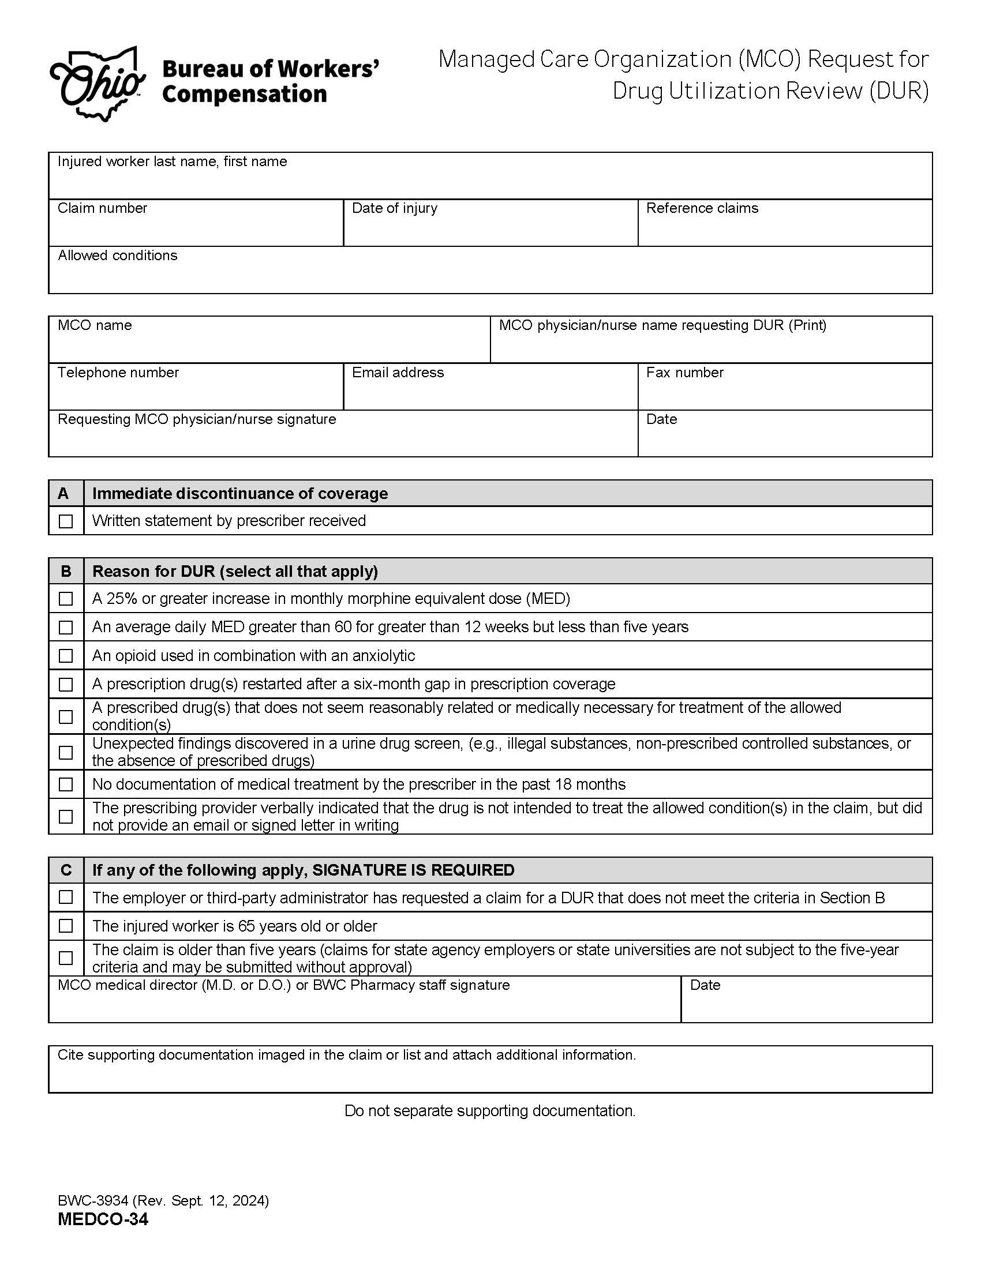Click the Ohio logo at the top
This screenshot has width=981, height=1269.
pyautogui.click(x=97, y=85)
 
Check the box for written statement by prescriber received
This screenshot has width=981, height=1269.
pyautogui.click(x=66, y=521)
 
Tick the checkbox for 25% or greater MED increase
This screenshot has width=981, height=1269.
pyautogui.click(x=66, y=599)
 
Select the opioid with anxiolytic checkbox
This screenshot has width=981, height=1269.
pyautogui.click(x=66, y=656)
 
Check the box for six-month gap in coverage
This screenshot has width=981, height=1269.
pyautogui.click(x=66, y=685)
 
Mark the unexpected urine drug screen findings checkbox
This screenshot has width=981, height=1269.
pyautogui.click(x=66, y=752)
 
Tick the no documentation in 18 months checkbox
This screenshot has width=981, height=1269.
pyautogui.click(x=66, y=784)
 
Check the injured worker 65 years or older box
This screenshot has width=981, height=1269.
pyautogui.click(x=66, y=926)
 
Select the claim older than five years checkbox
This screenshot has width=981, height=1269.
pyautogui.click(x=66, y=958)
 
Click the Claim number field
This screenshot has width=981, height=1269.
pyautogui.click(x=196, y=228)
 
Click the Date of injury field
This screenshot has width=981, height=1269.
pyautogui.click(x=490, y=228)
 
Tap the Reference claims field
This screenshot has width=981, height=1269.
pyautogui.click(x=785, y=228)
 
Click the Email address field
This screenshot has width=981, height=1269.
pyautogui.click(x=490, y=392)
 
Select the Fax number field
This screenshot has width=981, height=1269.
pyautogui.click(x=785, y=392)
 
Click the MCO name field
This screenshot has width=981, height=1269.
pyautogui.click(x=269, y=345)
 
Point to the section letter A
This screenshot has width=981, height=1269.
pyautogui.click(x=63, y=493)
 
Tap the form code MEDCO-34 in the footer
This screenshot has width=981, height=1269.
pyautogui.click(x=103, y=1219)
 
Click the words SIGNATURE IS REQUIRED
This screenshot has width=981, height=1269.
pyautogui.click(x=413, y=870)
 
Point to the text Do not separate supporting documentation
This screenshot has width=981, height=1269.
pyautogui.click(x=490, y=1110)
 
